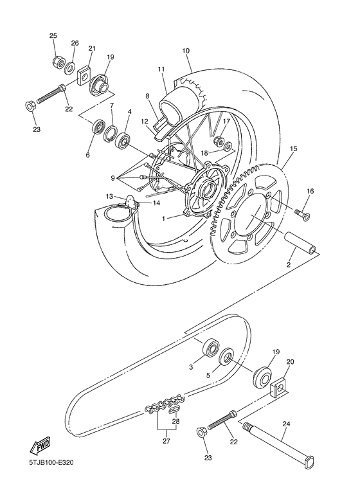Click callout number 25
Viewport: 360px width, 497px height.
pos(53,36)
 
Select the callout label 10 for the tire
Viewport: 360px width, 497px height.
pos(186,50)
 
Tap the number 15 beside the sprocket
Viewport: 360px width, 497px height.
pos(293,149)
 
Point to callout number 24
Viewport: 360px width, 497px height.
pos(286,424)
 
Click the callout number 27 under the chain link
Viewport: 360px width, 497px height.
pos(166,441)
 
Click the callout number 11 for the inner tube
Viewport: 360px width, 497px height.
pos(161,69)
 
